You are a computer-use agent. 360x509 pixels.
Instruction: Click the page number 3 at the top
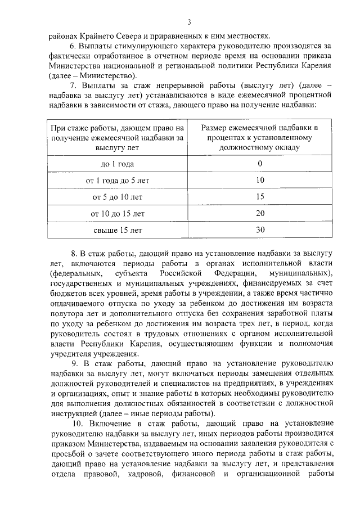(x=190, y=22)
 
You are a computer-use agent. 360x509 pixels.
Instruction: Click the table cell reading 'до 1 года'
(x=118, y=164)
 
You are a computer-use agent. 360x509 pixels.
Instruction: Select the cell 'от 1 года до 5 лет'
(x=118, y=181)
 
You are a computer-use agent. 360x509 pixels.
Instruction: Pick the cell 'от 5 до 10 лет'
(x=118, y=197)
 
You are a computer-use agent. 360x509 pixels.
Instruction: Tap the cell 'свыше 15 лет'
(x=118, y=230)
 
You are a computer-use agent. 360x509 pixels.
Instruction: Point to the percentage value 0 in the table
(x=260, y=164)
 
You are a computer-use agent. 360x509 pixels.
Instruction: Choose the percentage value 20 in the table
(x=260, y=214)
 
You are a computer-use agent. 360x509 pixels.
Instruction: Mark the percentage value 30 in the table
(x=260, y=230)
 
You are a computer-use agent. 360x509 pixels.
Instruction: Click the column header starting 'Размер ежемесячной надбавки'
(x=260, y=137)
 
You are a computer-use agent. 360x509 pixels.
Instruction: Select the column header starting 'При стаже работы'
(x=118, y=137)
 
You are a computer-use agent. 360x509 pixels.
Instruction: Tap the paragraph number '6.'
(x=74, y=45)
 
